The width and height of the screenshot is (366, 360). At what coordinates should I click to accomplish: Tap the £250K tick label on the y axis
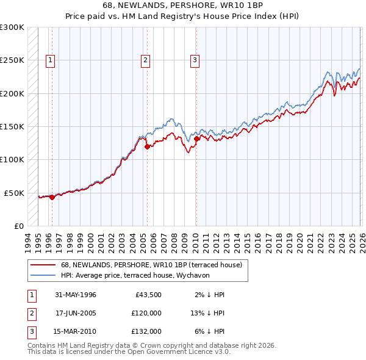[12, 60]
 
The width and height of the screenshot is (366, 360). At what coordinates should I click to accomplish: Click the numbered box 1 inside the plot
[49, 60]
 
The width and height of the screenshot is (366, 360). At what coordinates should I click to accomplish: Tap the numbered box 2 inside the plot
[145, 60]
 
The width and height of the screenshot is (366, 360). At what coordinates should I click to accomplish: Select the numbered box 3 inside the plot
[194, 60]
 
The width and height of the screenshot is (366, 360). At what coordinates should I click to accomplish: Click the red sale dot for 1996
[52, 197]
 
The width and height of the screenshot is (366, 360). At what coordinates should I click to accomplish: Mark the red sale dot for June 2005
[147, 146]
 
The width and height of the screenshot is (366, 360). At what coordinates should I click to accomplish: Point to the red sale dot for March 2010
[196, 139]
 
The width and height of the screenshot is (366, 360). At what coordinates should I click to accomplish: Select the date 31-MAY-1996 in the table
[76, 295]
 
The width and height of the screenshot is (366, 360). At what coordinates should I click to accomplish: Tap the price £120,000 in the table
[146, 313]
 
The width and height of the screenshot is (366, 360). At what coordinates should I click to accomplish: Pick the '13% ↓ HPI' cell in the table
[207, 313]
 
